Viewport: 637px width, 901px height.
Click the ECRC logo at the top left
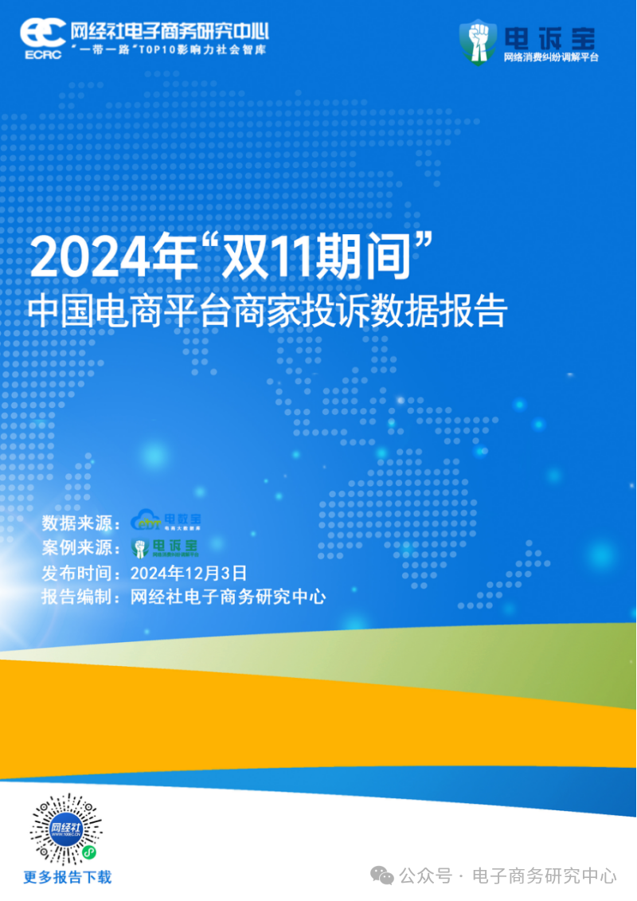[42, 37]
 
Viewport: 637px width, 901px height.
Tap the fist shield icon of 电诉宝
[478, 41]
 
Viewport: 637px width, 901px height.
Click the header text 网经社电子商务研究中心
[170, 31]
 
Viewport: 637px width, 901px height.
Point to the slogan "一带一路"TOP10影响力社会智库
[168, 49]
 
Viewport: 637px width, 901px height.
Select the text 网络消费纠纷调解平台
[550, 57]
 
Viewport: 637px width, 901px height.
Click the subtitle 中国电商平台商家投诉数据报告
[267, 311]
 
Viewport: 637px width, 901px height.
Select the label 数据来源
[77, 523]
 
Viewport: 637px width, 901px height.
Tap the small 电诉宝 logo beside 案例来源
[166, 546]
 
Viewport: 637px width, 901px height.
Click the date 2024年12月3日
[189, 572]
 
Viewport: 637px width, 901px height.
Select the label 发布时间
[77, 572]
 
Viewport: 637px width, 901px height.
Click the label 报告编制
[77, 597]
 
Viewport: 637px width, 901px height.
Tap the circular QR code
[66, 829]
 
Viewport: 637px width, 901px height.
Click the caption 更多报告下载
[67, 877]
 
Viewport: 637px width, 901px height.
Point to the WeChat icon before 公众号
[385, 876]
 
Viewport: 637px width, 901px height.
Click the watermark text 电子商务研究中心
[545, 876]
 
